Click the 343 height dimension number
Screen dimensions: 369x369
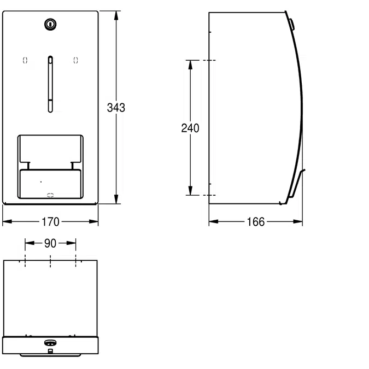[116, 108]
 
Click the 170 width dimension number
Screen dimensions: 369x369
[50, 222]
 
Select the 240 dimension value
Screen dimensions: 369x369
[190, 128]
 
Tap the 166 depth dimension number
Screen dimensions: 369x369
[255, 222]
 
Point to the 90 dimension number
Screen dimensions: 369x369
[50, 244]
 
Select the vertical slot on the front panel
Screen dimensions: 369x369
[50, 84]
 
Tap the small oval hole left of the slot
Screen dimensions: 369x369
[25, 61]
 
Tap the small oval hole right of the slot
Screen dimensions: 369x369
[75, 61]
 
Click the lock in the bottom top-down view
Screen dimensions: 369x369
[50, 343]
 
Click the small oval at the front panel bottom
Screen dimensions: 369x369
[50, 194]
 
